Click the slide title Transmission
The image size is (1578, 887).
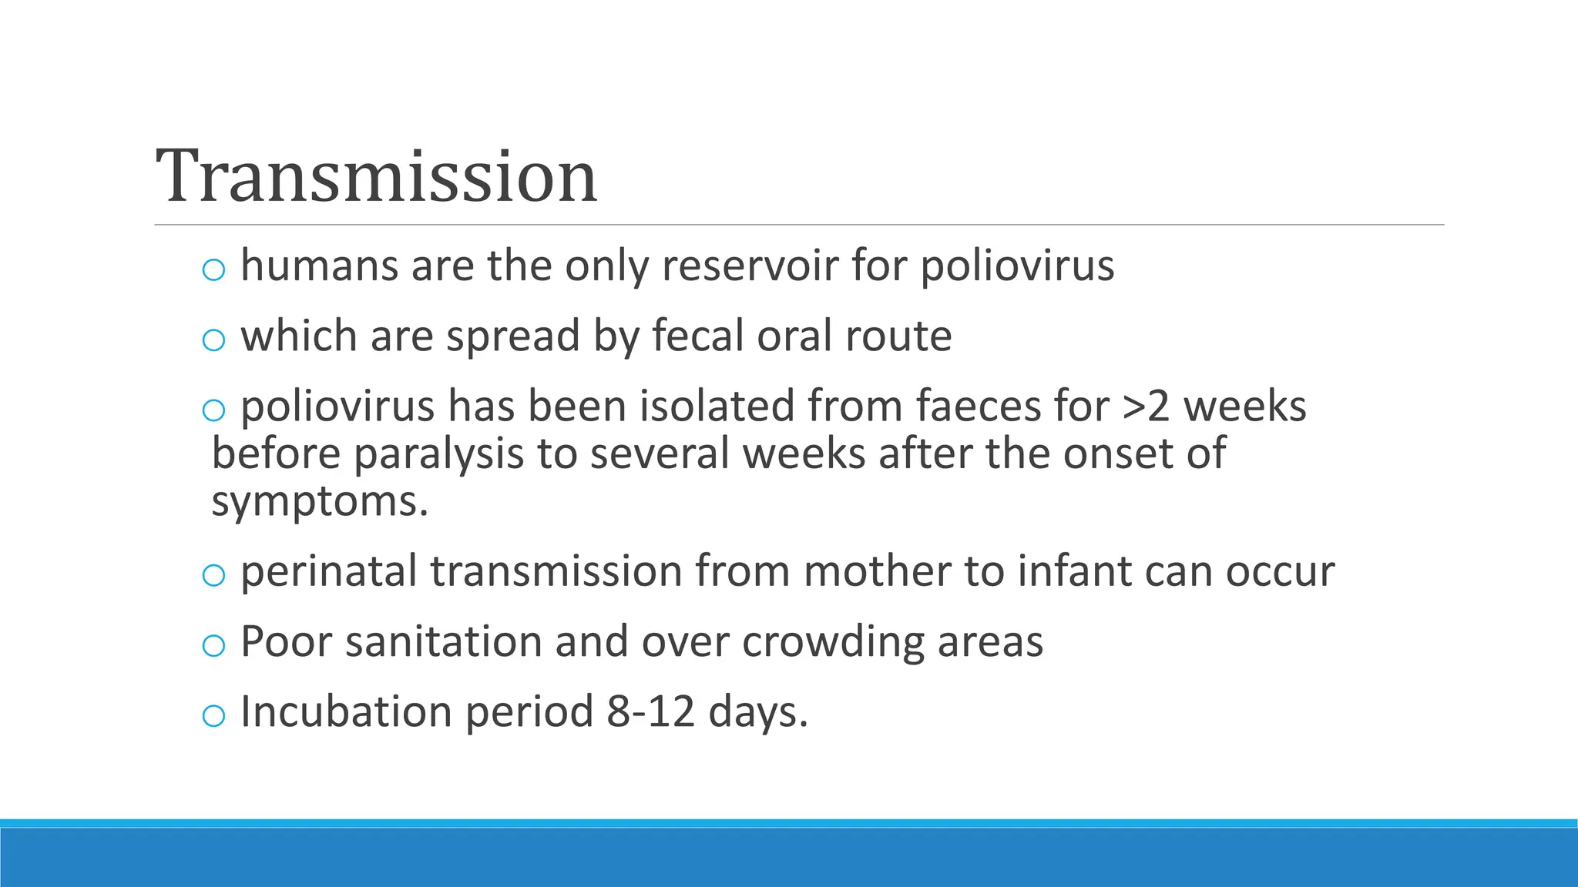[x=376, y=177]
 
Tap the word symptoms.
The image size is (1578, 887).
[x=318, y=503]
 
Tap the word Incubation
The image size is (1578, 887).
[x=345, y=711]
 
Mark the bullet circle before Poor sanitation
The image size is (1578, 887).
[x=213, y=646]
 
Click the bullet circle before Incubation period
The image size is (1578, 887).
[x=213, y=716]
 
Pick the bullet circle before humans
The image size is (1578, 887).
[x=213, y=270]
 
